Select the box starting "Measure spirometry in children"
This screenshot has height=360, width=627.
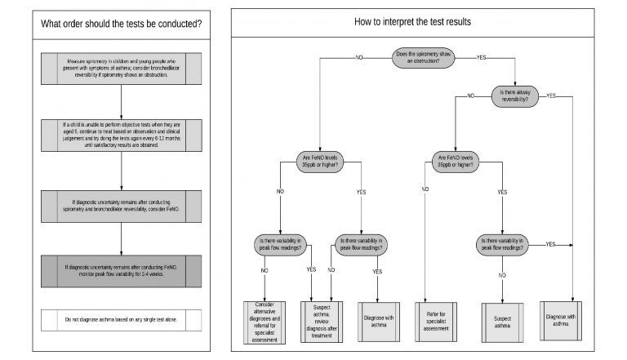click(121, 68)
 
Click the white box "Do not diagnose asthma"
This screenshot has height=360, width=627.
click(121, 321)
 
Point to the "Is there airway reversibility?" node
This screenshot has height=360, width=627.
click(523, 95)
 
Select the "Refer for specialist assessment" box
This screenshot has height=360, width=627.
click(439, 318)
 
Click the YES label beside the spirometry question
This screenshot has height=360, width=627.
click(481, 57)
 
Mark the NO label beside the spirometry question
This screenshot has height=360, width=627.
click(358, 57)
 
